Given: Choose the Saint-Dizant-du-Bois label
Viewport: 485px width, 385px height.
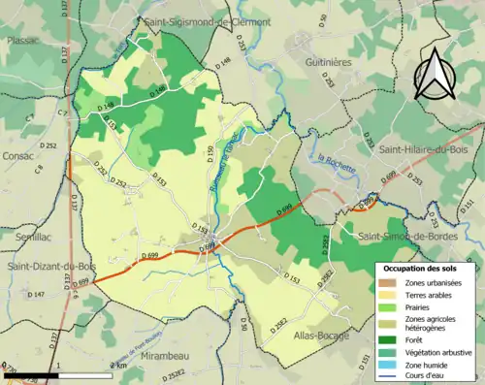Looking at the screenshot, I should [51, 268].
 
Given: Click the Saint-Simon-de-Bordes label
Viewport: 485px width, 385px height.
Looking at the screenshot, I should [409, 236].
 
